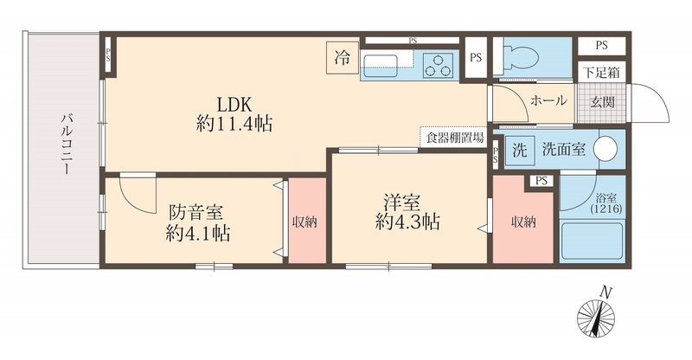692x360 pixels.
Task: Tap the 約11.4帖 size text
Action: (234, 124)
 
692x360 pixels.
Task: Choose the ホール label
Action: (548, 100)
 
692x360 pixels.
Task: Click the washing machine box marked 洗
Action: (520, 148)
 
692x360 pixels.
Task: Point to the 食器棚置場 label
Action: (453, 136)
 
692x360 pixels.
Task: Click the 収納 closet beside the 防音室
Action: (305, 222)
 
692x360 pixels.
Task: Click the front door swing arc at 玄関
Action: (651, 104)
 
